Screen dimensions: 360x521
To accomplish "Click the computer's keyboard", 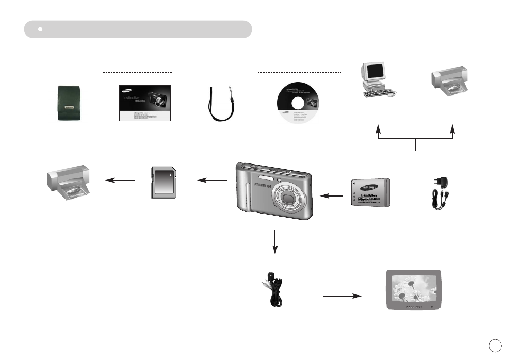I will [x=378, y=94].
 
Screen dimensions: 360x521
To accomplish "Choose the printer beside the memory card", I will [x=69, y=184].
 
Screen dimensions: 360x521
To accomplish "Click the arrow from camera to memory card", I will [x=213, y=180].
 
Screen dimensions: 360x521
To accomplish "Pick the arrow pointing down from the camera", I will [x=275, y=241].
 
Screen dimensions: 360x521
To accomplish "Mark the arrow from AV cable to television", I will [x=342, y=296].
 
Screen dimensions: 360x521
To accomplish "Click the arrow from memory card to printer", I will [x=120, y=180].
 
